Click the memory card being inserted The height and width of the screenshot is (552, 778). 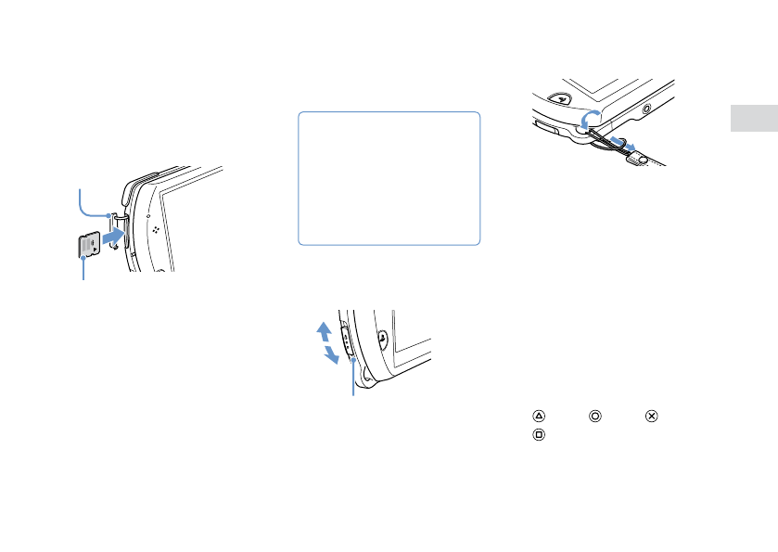[x=89, y=246]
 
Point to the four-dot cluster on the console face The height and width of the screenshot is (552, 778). [x=155, y=226]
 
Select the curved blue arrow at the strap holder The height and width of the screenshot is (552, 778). [x=588, y=120]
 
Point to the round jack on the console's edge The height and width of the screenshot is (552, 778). [x=646, y=109]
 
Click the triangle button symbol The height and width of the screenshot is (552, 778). [x=537, y=417]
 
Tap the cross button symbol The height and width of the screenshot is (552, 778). [x=651, y=417]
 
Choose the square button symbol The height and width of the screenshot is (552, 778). [x=537, y=434]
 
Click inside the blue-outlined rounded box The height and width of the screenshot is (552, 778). [x=389, y=178]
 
